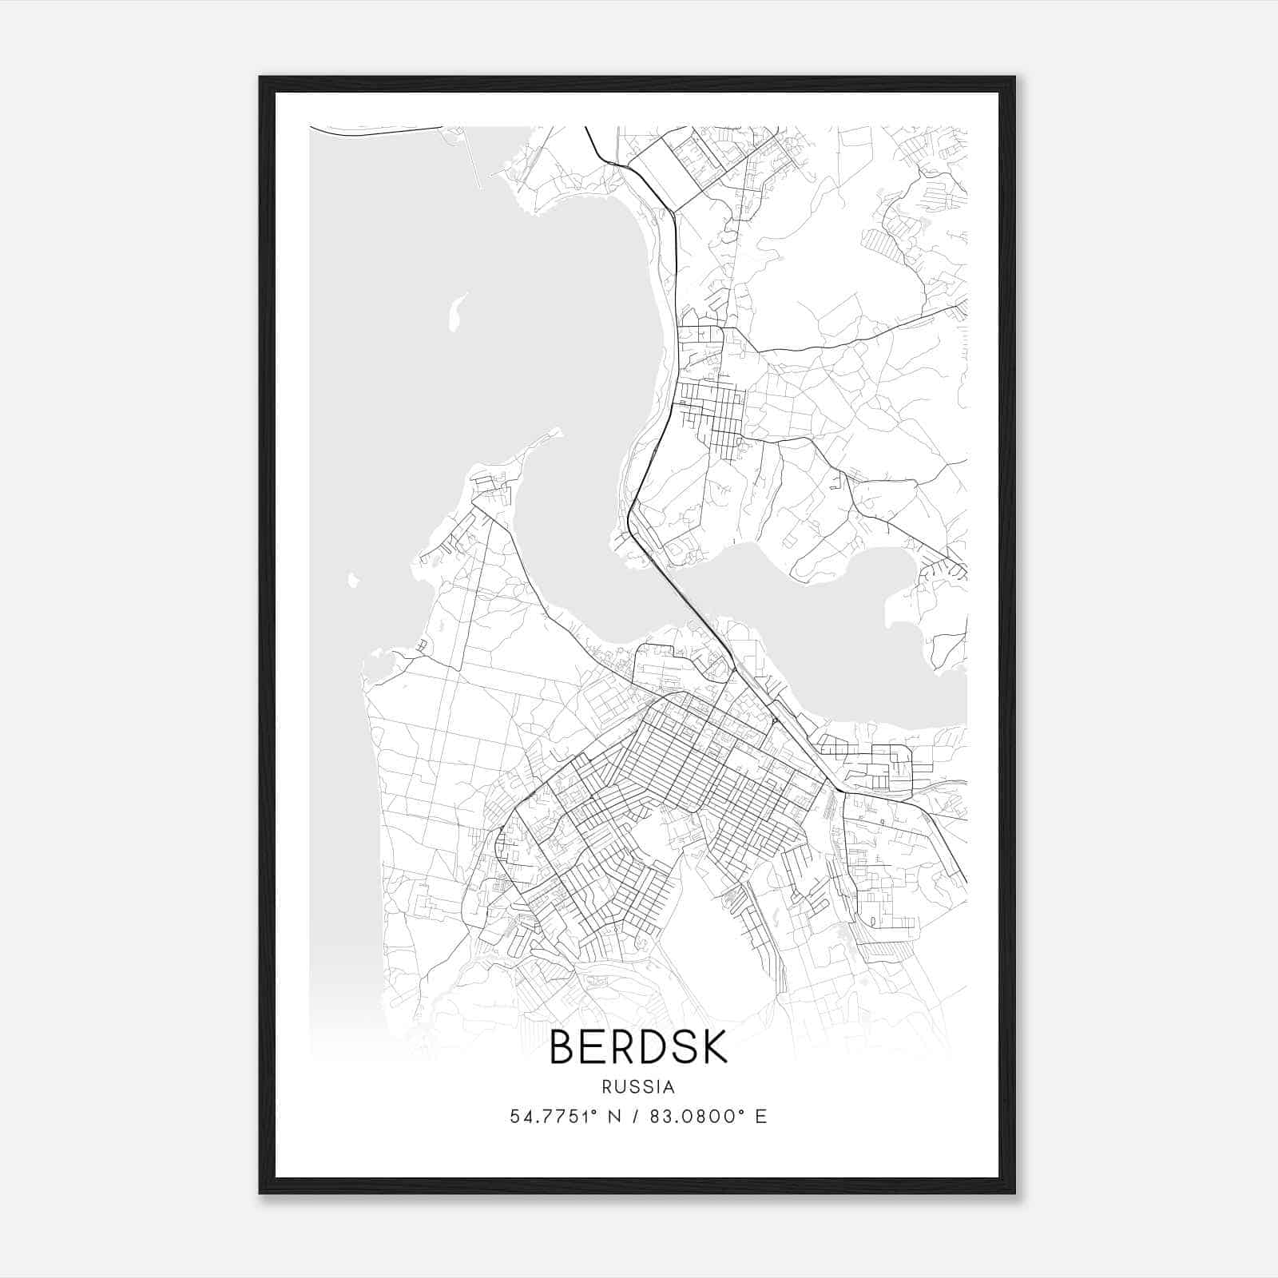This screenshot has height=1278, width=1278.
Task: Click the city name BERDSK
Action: pyautogui.click(x=638, y=1048)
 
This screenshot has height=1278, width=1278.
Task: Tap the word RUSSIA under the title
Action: pyautogui.click(x=638, y=1087)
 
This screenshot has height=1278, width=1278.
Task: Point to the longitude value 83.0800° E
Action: pyautogui.click(x=708, y=1117)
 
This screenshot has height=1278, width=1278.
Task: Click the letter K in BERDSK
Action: pyautogui.click(x=713, y=1048)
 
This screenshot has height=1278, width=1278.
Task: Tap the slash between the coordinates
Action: pyautogui.click(x=635, y=1117)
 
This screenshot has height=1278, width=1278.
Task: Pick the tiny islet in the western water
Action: pyautogui.click(x=352, y=579)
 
